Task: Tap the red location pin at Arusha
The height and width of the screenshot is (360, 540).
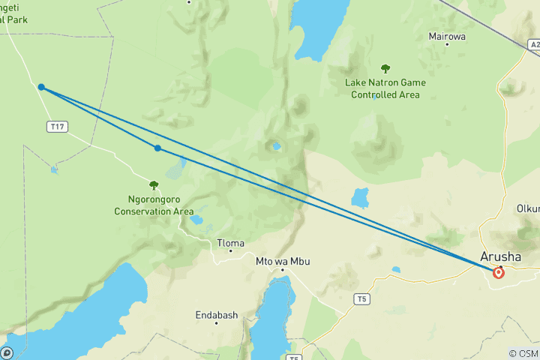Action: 499,273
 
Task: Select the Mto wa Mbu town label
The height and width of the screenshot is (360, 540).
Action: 283,261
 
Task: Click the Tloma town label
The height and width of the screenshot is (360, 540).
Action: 230,243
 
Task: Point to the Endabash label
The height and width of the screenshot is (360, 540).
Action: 216,315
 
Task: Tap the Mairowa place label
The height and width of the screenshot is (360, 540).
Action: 446,35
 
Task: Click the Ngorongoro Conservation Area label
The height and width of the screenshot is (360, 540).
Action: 154,205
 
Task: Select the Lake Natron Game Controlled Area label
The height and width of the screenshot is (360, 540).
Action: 385,88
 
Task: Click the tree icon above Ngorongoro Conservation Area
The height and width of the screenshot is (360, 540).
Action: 154,185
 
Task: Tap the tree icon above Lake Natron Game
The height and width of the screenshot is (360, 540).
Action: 385,68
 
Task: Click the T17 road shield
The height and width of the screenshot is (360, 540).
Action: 56,126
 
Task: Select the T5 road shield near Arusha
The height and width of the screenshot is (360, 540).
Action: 362,299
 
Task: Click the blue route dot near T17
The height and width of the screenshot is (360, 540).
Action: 41,87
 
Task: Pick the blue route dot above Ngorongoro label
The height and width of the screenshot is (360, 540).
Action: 157,148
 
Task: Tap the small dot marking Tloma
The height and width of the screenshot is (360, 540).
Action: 230,251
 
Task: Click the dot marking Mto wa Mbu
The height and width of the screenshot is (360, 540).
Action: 282,269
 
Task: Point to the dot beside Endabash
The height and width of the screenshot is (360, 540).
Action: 216,323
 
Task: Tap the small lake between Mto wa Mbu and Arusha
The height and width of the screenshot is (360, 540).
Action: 395,270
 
